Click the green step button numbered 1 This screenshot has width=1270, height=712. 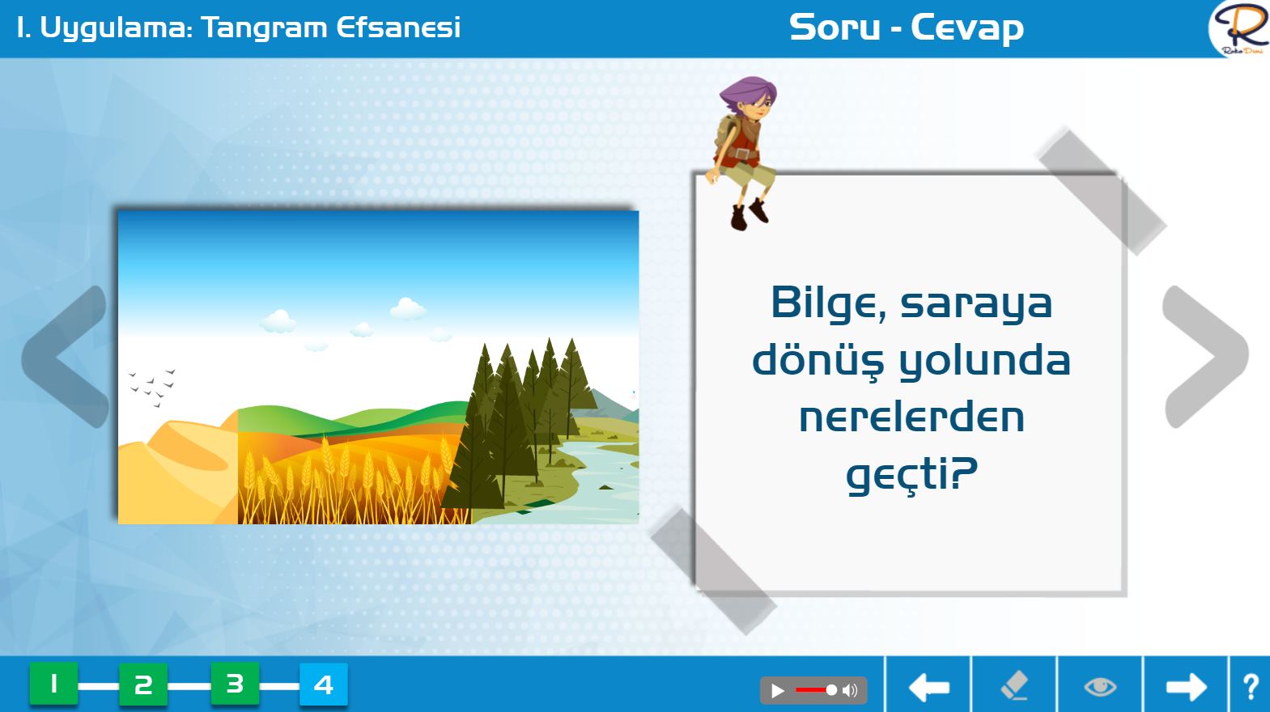[x=54, y=684]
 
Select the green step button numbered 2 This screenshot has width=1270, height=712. [x=143, y=684]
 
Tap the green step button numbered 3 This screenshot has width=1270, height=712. [x=236, y=684]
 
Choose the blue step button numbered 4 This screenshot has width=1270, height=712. [x=324, y=684]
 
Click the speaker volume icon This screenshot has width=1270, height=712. [x=849, y=690]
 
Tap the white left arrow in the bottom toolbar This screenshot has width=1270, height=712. [x=928, y=688]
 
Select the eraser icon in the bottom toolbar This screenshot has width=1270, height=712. [x=1014, y=686]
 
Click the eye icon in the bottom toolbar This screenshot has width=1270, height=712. [x=1100, y=687]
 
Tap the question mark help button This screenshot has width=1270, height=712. [x=1251, y=687]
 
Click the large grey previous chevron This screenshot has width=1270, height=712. [x=66, y=357]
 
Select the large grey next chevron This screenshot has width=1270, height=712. [x=1205, y=357]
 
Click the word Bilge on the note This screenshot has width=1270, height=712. [x=828, y=304]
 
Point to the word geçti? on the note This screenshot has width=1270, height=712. [x=911, y=475]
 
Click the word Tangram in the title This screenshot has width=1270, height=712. [x=264, y=28]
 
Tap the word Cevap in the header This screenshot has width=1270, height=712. [x=967, y=28]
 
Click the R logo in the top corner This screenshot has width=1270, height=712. [x=1242, y=28]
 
